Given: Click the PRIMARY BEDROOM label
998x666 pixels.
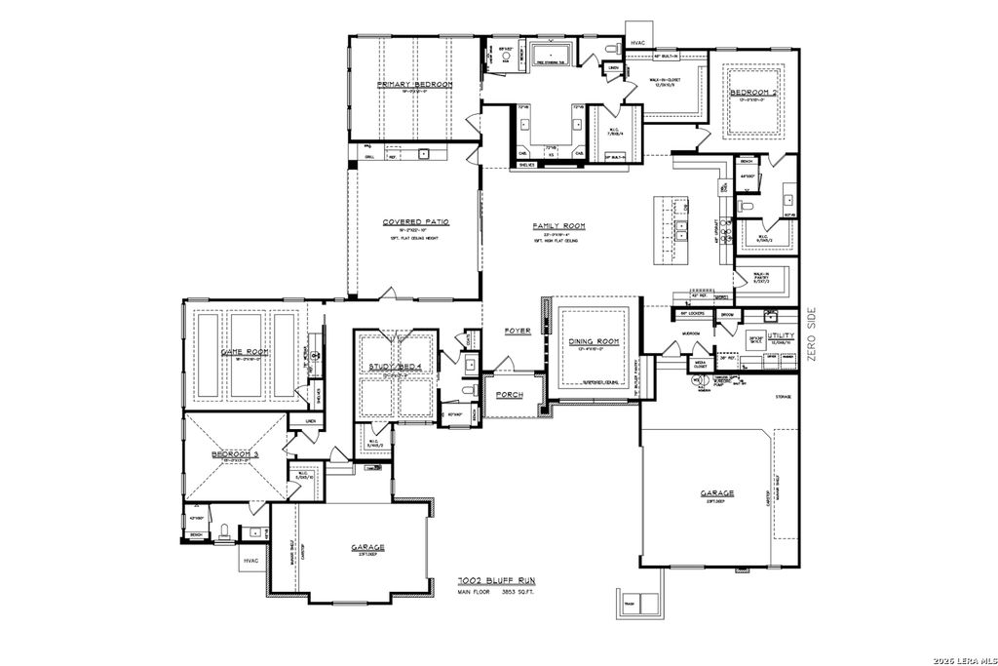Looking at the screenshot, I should coord(416,86).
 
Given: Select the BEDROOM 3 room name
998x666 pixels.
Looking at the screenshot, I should coord(235,454).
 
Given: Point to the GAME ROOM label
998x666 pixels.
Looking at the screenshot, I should coord(245,352).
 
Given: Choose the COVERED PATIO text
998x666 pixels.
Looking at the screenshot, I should coord(415,221).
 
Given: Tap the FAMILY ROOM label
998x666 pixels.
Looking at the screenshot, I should coord(557,226).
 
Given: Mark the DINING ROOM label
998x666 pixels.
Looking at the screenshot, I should coord(595,341).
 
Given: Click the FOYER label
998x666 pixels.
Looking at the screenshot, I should coord(518,331).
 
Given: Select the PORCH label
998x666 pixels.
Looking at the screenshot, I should coord(510,395).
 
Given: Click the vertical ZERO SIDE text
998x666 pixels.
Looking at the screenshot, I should coord(811,334).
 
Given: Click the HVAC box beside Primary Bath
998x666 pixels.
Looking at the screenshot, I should coord(639,43).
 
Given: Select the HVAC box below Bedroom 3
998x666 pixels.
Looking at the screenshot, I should coord(251,561).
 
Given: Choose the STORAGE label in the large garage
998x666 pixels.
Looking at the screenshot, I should coord(783,397).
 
